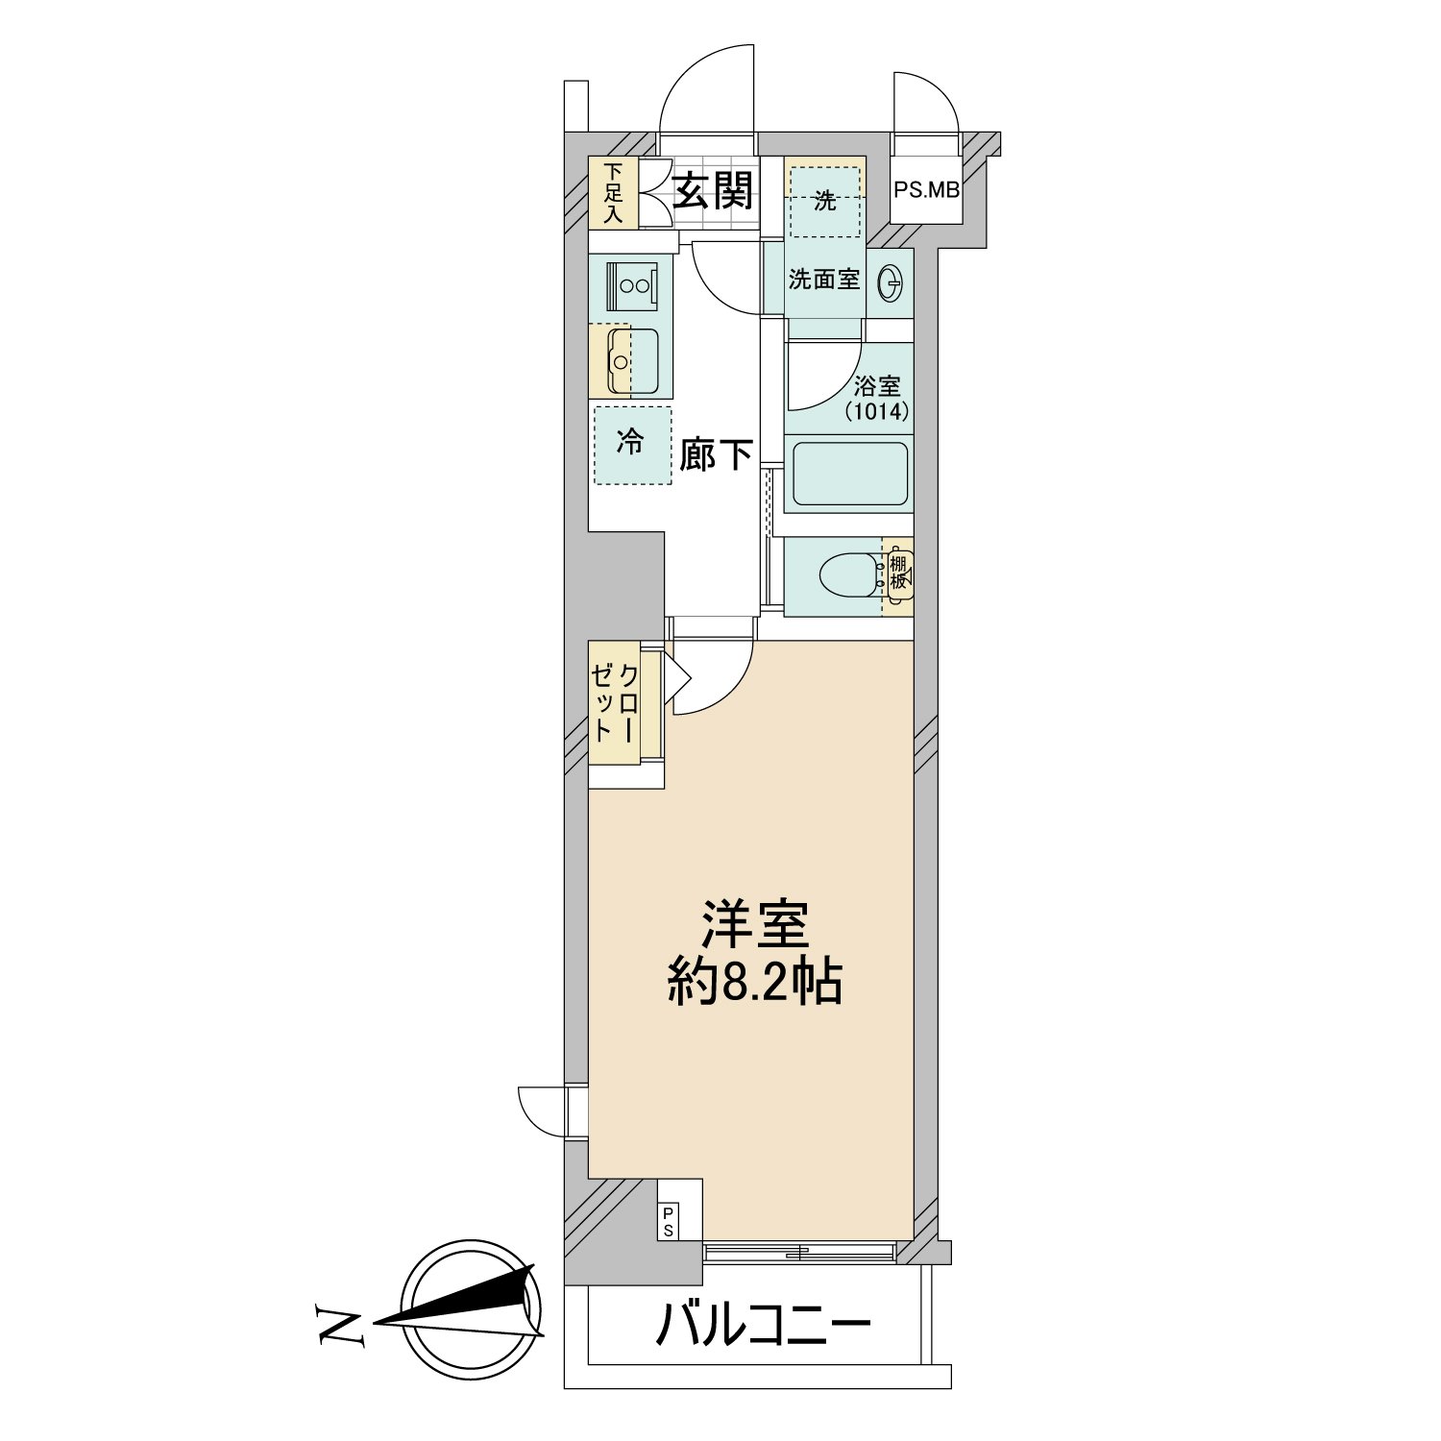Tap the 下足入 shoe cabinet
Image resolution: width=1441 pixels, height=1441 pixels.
pos(614,192)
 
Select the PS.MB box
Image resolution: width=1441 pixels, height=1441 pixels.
pos(926,189)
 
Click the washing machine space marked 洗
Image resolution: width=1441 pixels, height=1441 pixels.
pos(825,201)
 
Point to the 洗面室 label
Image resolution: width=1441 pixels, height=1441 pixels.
pos(823,280)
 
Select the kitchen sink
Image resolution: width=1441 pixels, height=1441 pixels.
pos(632,361)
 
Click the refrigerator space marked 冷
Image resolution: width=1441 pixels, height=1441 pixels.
pos(631,445)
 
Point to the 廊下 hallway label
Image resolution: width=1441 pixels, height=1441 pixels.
pos(715,454)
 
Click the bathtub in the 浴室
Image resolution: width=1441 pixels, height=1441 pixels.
pos(849,474)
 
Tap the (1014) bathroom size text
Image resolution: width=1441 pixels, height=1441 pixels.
pos(876,412)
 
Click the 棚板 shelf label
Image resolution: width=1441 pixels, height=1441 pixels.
pos(898,573)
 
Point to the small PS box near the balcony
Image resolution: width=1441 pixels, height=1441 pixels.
pos(669,1221)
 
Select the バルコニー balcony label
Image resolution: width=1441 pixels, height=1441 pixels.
pos(763,1327)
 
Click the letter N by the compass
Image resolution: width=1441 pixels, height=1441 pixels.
pos(339,1326)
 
